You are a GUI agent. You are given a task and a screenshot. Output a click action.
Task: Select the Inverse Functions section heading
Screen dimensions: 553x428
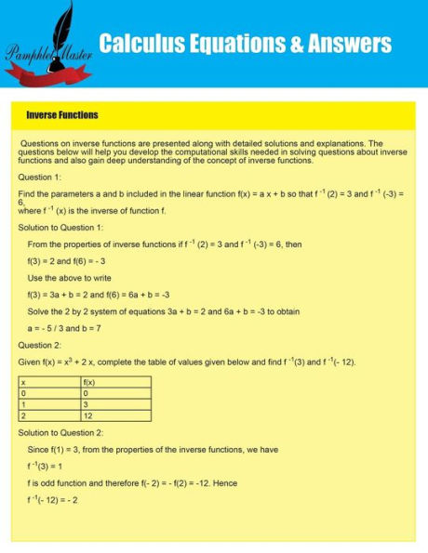pos(62,115)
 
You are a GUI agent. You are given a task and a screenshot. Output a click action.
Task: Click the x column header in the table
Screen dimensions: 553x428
pos(22,382)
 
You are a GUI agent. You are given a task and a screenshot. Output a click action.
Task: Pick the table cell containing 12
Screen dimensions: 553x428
pos(88,415)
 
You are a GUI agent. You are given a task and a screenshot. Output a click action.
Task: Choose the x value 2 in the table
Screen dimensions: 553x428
pos(22,415)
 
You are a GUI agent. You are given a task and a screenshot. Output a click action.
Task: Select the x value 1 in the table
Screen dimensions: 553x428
pos(22,404)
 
